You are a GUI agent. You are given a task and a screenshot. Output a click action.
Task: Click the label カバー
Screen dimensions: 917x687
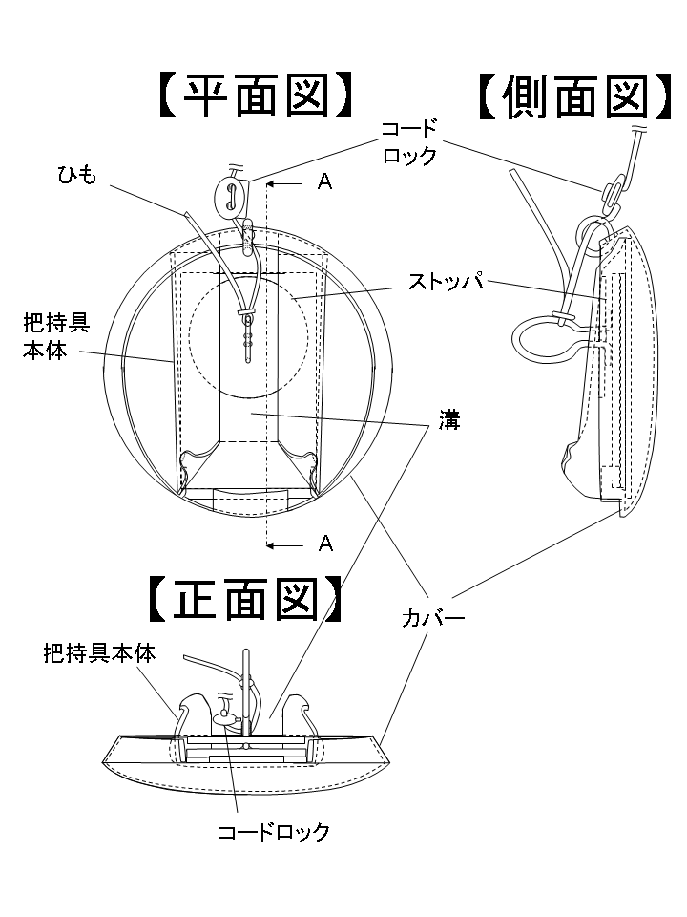click(x=432, y=619)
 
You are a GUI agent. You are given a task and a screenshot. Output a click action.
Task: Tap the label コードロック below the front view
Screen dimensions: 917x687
click(x=274, y=831)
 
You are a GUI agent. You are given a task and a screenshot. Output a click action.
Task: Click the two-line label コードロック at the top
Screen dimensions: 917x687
click(x=409, y=141)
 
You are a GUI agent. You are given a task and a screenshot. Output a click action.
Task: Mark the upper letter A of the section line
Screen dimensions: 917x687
click(x=324, y=182)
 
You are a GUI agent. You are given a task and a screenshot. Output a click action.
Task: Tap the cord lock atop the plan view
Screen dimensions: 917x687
click(x=230, y=194)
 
